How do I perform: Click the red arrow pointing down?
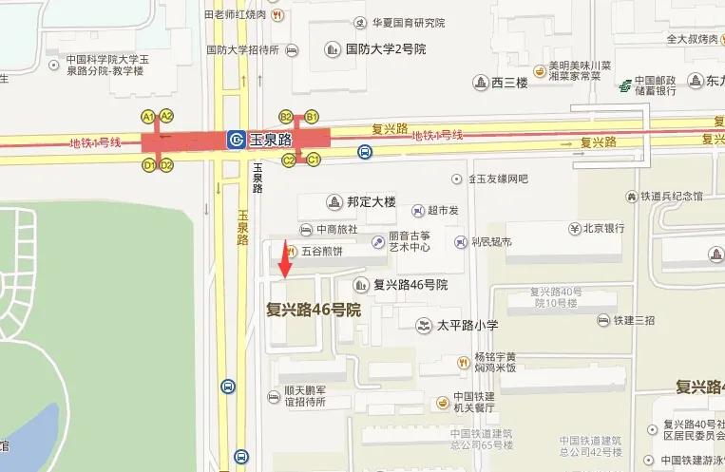pyautogui.click(x=284, y=258)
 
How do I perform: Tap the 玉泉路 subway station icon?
pyautogui.click(x=234, y=140)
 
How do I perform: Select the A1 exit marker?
pyautogui.click(x=148, y=116)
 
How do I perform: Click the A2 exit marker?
pyautogui.click(x=166, y=116)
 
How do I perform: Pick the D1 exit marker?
pyautogui.click(x=148, y=165)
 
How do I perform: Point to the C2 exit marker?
pyautogui.click(x=290, y=160)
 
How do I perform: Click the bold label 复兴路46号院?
pyautogui.click(x=314, y=310)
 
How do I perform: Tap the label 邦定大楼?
pyautogui.click(x=371, y=202)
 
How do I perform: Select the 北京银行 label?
pyautogui.click(x=603, y=229)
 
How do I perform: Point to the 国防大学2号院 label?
pyautogui.click(x=385, y=48)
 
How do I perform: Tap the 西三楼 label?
pyautogui.click(x=509, y=84)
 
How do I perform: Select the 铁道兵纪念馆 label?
pyautogui.click(x=671, y=197)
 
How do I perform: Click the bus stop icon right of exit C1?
pyautogui.click(x=365, y=151)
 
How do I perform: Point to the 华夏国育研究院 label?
pyautogui.click(x=409, y=23)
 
